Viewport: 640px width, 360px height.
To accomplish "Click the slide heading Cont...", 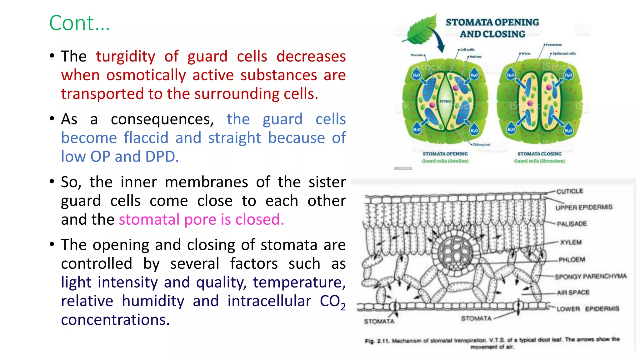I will (79, 23).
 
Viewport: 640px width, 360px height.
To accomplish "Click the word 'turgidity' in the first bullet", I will (125, 57).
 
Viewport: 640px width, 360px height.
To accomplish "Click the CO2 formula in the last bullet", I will (332, 302).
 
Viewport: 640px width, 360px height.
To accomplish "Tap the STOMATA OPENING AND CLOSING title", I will (492, 28).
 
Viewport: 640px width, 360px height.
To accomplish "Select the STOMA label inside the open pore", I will (445, 101).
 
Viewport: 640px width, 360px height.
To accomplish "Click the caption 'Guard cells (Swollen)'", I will (445, 161).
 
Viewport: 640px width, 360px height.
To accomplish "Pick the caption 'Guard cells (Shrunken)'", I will (539, 161).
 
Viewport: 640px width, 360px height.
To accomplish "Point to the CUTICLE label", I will (570, 191).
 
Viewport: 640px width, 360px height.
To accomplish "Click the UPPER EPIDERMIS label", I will (584, 207).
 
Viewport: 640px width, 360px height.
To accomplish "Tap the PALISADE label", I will (572, 224).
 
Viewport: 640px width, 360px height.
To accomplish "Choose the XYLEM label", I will (571, 242).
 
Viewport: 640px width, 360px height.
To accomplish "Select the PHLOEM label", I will (572, 260).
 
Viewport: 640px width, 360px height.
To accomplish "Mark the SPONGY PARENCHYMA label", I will (591, 277).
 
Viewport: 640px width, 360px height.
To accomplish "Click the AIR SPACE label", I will (573, 292).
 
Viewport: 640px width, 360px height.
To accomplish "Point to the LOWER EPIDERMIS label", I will (587, 309).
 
